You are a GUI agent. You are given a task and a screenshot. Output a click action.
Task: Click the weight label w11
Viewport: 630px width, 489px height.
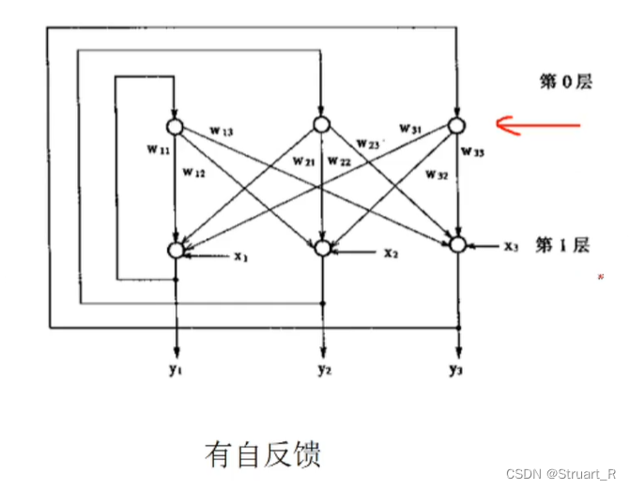pyautogui.click(x=159, y=150)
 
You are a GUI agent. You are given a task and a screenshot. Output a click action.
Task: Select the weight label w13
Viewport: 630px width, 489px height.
pyautogui.click(x=222, y=130)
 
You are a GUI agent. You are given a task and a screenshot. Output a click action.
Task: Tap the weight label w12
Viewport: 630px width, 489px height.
pyautogui.click(x=194, y=173)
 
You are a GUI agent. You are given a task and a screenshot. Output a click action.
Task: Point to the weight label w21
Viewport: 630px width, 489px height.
pyautogui.click(x=303, y=161)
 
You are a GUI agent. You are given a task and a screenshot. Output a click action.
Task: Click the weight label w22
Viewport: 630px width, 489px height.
pyautogui.click(x=340, y=161)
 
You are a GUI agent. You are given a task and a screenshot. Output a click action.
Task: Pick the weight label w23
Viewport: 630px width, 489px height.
pyautogui.click(x=368, y=144)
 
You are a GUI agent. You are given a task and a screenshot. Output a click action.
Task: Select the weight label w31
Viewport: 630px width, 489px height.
pyautogui.click(x=410, y=129)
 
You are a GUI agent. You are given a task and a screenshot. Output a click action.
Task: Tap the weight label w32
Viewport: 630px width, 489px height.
pyautogui.click(x=437, y=175)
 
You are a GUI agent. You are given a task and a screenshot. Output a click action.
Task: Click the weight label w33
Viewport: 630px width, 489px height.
pyautogui.click(x=473, y=152)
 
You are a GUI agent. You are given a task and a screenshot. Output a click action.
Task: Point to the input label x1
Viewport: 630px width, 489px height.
pyautogui.click(x=241, y=256)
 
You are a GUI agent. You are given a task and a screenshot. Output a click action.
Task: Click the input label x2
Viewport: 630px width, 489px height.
pyautogui.click(x=391, y=253)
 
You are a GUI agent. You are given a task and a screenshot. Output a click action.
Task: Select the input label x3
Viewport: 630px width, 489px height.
pyautogui.click(x=511, y=246)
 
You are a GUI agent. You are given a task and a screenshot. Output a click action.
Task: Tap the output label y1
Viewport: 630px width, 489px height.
pyautogui.click(x=176, y=369)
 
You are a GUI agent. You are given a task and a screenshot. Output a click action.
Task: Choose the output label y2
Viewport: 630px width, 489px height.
pyautogui.click(x=325, y=369)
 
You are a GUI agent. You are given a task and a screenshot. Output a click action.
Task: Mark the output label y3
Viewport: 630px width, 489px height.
pyautogui.click(x=455, y=369)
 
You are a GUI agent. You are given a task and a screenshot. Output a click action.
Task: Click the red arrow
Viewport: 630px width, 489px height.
pyautogui.click(x=538, y=126)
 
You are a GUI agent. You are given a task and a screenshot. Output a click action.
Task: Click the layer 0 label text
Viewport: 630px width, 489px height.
pyautogui.click(x=566, y=82)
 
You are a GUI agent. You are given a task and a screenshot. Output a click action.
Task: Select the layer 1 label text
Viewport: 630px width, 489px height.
pyautogui.click(x=562, y=245)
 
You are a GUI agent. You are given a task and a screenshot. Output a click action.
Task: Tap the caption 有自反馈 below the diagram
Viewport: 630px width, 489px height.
pyautogui.click(x=263, y=454)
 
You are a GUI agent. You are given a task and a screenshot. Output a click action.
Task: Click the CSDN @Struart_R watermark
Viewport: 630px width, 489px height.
pyautogui.click(x=561, y=474)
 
